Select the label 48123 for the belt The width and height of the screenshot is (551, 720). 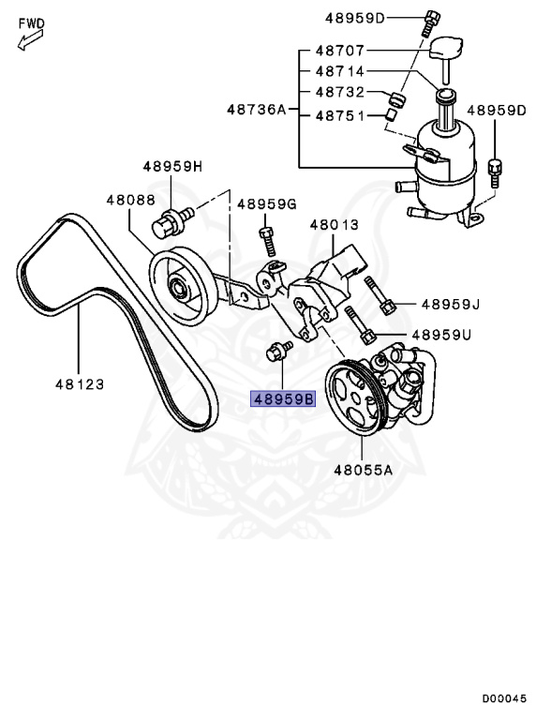click(78, 383)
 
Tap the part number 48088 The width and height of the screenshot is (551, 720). click(129, 200)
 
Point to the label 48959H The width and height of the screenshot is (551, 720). click(172, 167)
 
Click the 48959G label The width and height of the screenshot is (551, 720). click(266, 204)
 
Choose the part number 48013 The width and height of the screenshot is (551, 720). click(334, 225)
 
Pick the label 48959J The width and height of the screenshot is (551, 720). click(450, 304)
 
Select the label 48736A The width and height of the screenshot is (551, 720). click(256, 109)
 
